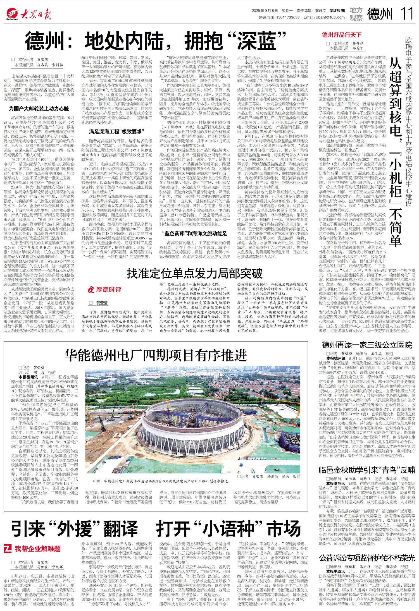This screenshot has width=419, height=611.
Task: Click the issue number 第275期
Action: tap(337, 11)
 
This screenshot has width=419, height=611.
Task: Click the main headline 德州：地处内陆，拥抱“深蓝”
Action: tap(156, 41)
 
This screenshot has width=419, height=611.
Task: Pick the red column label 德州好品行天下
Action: tap(342, 35)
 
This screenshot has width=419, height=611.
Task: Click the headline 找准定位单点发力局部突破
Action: tap(195, 273)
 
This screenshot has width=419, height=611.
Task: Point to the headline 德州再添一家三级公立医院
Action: tap(367, 345)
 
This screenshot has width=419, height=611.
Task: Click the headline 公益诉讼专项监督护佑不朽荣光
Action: tap(367, 550)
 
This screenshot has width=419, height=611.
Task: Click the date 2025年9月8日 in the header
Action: tap(265, 11)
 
